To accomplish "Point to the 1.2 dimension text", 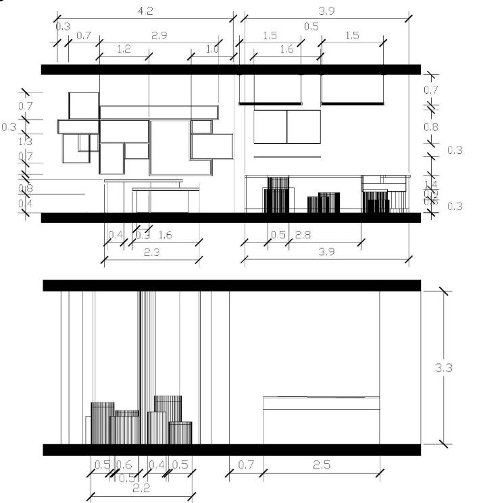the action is (124, 49).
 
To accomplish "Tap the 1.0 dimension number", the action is (212, 49).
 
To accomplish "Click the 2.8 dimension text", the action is (303, 235).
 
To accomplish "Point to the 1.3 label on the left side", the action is (26, 142).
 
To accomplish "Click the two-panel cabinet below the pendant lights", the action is (287, 126).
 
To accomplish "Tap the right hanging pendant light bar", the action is (352, 103).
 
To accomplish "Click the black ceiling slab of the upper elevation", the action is (230, 69).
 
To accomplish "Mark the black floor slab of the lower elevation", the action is (232, 450).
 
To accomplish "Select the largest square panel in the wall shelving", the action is (170, 148).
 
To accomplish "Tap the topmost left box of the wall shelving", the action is (84, 105).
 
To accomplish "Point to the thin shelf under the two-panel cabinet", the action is (287, 157).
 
